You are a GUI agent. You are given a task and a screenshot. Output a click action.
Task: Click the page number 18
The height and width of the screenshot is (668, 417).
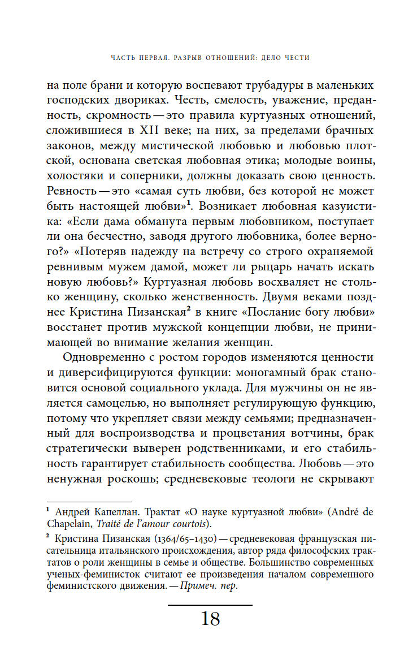[210, 619]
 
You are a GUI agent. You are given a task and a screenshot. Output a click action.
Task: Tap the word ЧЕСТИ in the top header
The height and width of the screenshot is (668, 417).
[296, 57]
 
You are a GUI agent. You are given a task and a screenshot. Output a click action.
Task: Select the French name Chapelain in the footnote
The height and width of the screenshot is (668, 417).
[67, 523]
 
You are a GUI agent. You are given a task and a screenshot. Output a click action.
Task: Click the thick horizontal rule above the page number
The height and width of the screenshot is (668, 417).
[210, 604]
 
